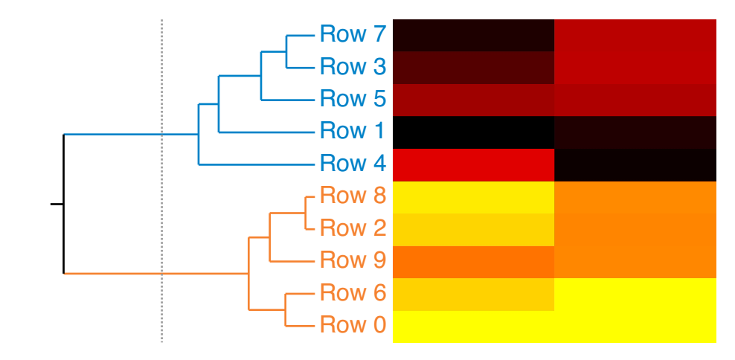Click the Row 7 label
(353, 34)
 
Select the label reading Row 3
(353, 67)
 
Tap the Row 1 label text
(353, 132)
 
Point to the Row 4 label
(353, 164)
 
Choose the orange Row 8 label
(353, 196)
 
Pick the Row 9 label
(353, 261)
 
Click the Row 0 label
(353, 326)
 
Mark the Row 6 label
(353, 293)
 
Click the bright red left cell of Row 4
(473, 164)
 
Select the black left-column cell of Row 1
(473, 132)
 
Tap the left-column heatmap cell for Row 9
(473, 261)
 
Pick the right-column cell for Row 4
(635, 164)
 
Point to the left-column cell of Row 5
(473, 100)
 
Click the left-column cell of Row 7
(473, 35)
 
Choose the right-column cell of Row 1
(635, 132)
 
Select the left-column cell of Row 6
(473, 294)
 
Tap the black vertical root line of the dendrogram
(64, 204)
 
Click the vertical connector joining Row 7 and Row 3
(287, 51)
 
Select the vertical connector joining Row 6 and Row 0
(286, 309)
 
